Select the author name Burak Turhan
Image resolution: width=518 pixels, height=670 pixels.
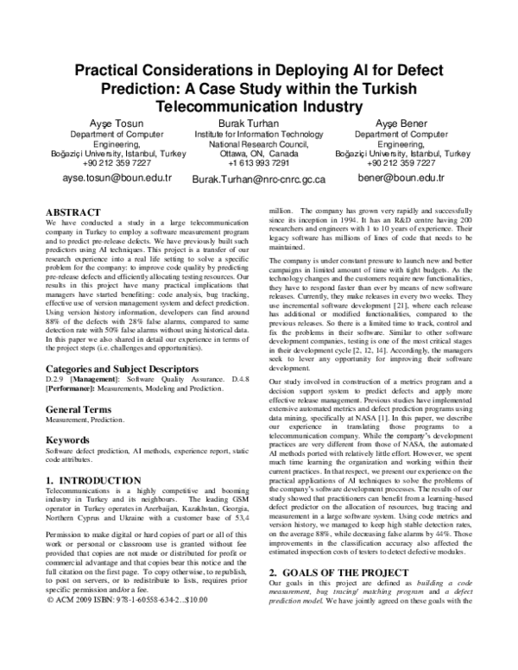tap(246, 124)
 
